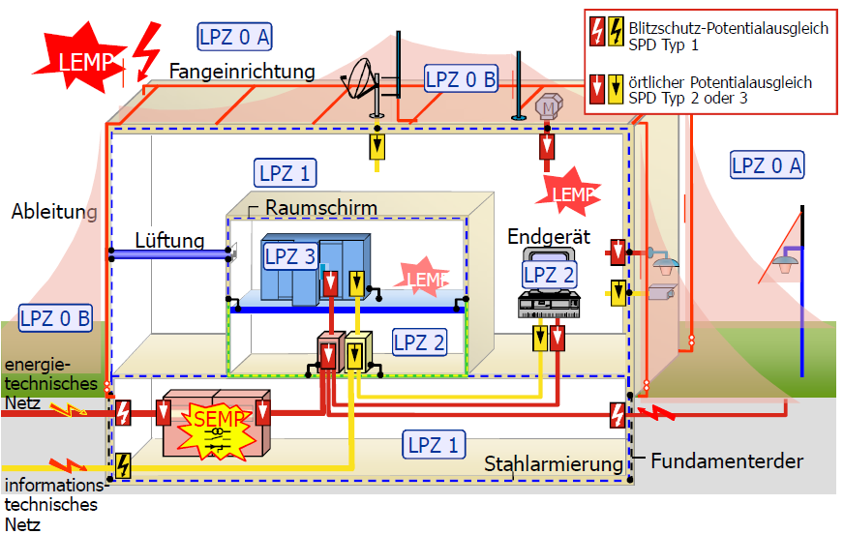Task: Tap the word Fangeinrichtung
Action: (x=242, y=72)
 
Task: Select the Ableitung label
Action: (x=54, y=212)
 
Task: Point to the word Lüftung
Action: (x=169, y=240)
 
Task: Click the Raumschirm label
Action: (x=320, y=208)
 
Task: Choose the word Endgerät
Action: (x=544, y=237)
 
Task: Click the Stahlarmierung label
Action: (x=554, y=465)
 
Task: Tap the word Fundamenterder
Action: (x=726, y=461)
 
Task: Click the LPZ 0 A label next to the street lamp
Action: (x=767, y=165)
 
